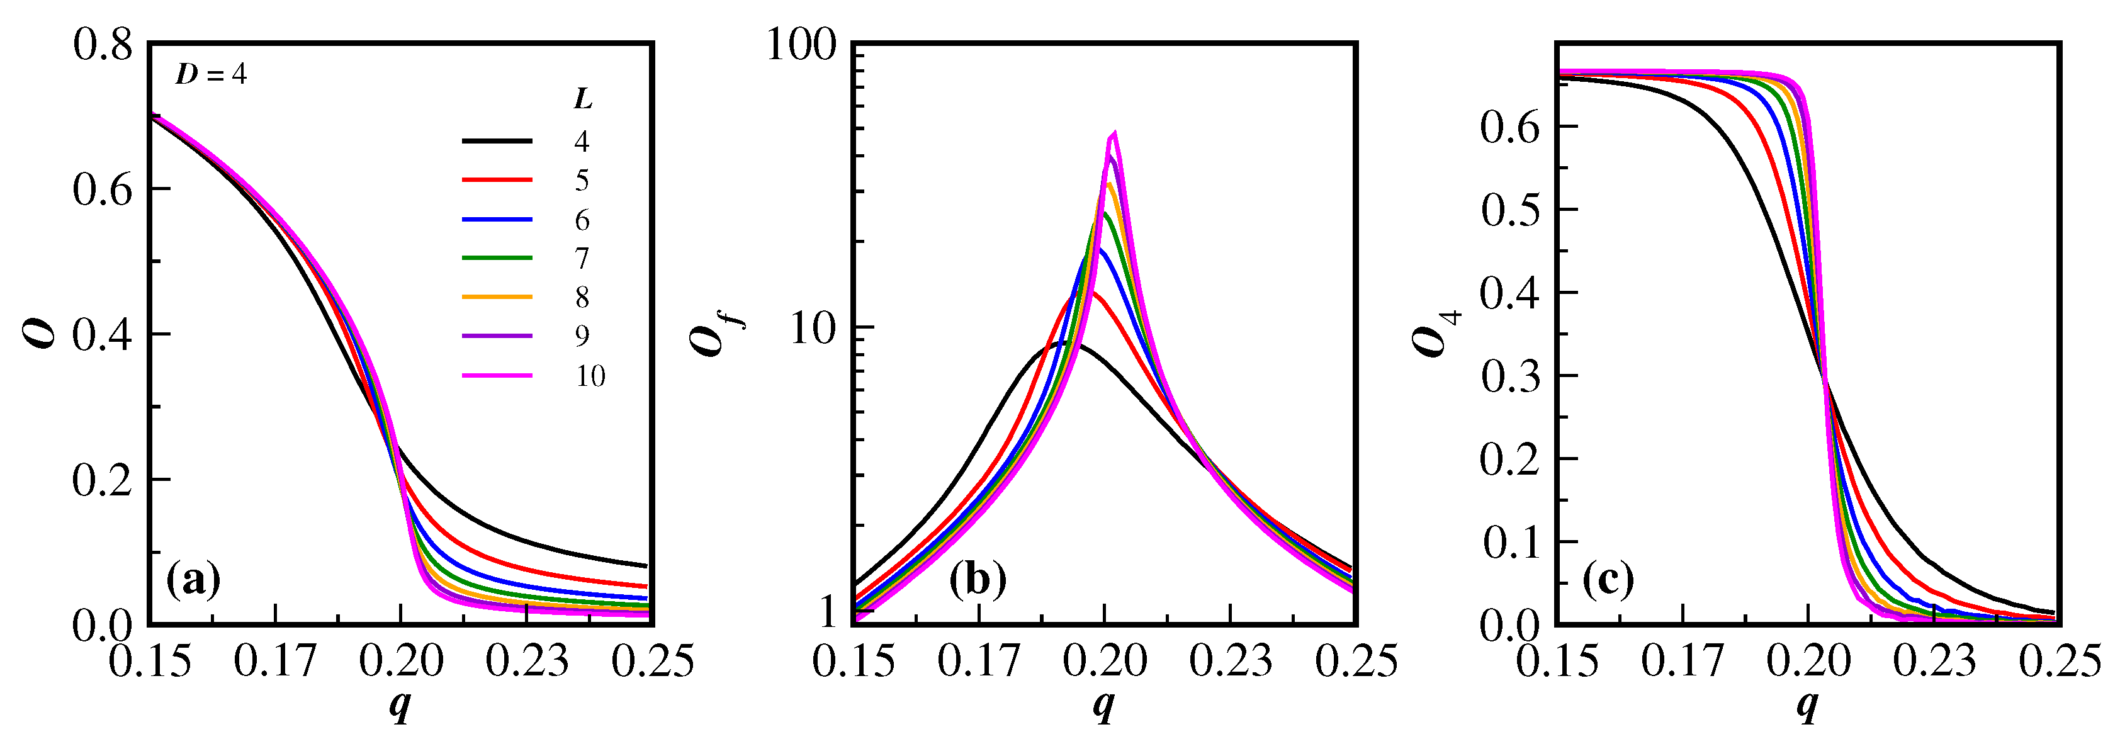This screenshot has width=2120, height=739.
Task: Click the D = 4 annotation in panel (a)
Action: pyautogui.click(x=211, y=75)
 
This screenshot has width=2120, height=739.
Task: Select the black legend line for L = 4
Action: pyautogui.click(x=497, y=142)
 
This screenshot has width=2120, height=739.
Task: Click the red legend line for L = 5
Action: pyautogui.click(x=497, y=179)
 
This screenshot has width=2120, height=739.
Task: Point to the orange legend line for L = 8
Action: pyautogui.click(x=497, y=296)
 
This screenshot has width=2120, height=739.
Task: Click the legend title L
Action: pyautogui.click(x=583, y=99)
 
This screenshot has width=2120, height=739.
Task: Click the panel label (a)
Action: pyautogui.click(x=193, y=580)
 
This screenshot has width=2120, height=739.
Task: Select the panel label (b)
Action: pyautogui.click(x=978, y=580)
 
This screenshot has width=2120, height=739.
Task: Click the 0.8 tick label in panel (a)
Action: pyautogui.click(x=102, y=45)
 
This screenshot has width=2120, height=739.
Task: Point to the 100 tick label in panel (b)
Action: pyautogui.click(x=801, y=45)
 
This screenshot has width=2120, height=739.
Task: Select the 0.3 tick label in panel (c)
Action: pyautogui.click(x=1509, y=376)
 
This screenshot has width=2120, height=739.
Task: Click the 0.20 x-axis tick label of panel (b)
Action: pyautogui.click(x=1105, y=661)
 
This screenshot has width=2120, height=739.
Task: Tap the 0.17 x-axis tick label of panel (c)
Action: pyautogui.click(x=1682, y=661)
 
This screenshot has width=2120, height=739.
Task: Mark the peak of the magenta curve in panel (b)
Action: pyautogui.click(x=1114, y=133)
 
